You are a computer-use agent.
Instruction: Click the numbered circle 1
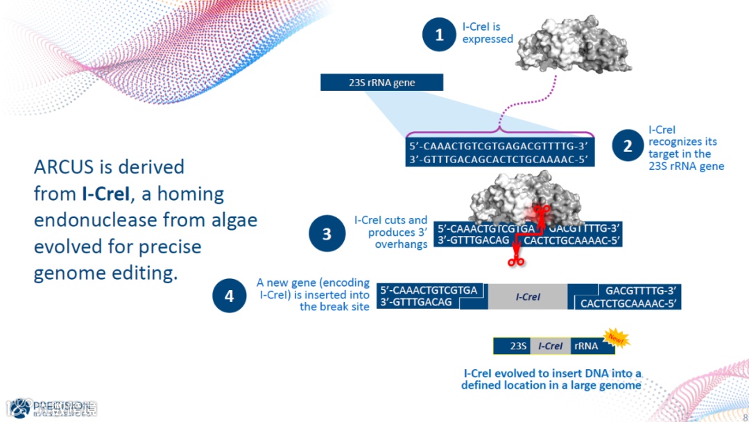[439, 34]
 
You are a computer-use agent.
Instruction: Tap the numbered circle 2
[628, 146]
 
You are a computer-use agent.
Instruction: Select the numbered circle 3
[327, 233]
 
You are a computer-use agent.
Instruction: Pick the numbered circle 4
[230, 296]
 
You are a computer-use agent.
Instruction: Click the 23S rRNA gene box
[381, 83]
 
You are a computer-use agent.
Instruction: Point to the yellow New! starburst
[616, 339]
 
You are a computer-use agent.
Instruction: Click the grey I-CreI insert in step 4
[528, 296]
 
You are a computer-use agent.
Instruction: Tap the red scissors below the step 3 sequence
[515, 261]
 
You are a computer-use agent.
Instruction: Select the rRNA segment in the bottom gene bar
[586, 346]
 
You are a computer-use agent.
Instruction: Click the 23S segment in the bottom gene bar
[519, 346]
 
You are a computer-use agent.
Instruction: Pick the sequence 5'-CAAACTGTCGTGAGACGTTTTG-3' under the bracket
[499, 146]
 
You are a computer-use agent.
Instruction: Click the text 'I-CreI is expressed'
[488, 33]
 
